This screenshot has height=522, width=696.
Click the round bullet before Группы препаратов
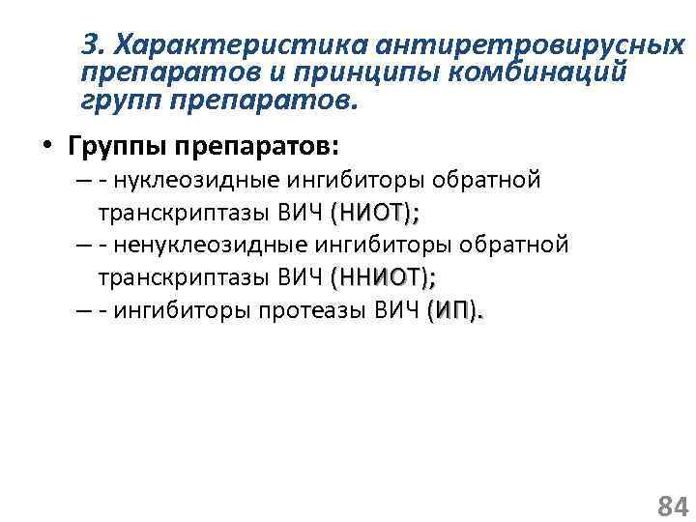45,147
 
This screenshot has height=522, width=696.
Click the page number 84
672,505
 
